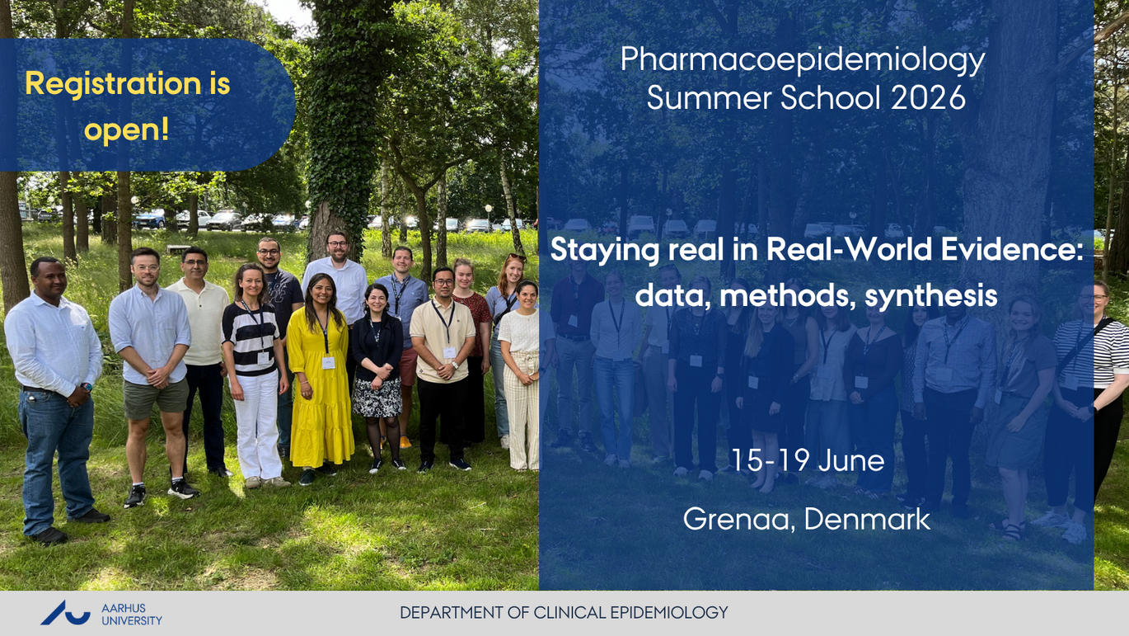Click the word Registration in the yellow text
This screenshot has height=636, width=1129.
(114, 84)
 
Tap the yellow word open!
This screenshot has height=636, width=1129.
(127, 130)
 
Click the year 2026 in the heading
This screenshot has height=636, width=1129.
(928, 97)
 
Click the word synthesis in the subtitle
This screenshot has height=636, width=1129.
(931, 296)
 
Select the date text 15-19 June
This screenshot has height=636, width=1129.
(808, 460)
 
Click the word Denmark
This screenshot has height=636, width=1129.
(867, 519)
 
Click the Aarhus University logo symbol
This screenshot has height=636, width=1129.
(66, 613)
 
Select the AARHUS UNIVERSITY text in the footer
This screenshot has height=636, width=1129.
(132, 615)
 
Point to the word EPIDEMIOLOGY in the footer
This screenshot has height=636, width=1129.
(669, 613)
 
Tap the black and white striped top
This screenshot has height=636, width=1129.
(251, 338)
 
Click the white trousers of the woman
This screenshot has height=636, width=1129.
(259, 425)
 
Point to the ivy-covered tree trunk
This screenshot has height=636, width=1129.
(339, 126)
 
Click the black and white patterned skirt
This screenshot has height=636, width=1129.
(377, 398)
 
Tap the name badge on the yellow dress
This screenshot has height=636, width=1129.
(328, 363)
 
